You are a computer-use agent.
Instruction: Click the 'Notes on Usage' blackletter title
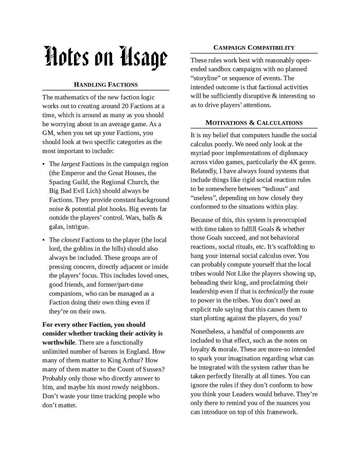tap(106, 58)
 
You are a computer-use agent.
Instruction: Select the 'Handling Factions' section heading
tap(106, 84)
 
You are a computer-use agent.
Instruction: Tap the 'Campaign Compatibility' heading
tap(254, 47)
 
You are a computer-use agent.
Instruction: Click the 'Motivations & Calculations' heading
tap(254, 123)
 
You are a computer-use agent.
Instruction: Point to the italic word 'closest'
tap(70, 240)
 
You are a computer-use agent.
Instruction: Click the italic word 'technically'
tap(273, 291)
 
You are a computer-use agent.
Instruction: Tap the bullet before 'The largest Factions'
tap(43, 164)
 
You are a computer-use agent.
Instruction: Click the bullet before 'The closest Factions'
tap(43, 240)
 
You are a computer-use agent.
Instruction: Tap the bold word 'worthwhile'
tap(59, 342)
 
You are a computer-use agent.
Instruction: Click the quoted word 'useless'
tap(202, 198)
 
